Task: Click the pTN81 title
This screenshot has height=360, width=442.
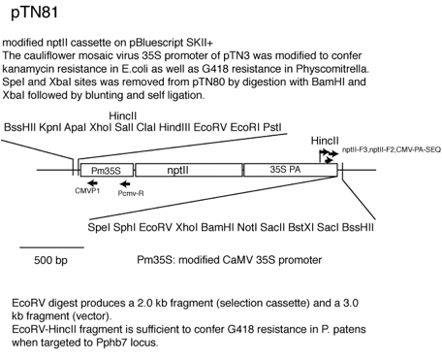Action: click(x=35, y=14)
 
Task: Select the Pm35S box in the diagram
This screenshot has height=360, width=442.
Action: click(x=107, y=170)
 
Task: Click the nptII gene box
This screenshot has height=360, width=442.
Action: click(x=189, y=170)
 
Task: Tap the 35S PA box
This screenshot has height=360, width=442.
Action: click(x=291, y=170)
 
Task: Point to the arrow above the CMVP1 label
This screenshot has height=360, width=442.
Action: click(x=92, y=182)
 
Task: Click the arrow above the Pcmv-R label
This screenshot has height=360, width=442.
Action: click(x=125, y=184)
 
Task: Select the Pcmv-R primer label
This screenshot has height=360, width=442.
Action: click(x=131, y=193)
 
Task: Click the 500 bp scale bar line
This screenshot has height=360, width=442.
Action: click(x=51, y=247)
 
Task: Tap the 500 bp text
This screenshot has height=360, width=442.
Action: click(x=50, y=260)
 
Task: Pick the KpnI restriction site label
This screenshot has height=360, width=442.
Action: click(x=50, y=127)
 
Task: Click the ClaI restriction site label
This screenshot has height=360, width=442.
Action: click(x=146, y=127)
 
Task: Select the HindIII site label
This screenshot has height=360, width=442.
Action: click(x=174, y=127)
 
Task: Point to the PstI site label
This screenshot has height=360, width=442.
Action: click(x=272, y=127)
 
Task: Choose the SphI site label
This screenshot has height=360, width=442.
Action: click(x=124, y=227)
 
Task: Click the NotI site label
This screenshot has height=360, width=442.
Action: click(x=247, y=227)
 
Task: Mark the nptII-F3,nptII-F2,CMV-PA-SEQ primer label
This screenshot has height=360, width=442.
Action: click(x=392, y=149)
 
